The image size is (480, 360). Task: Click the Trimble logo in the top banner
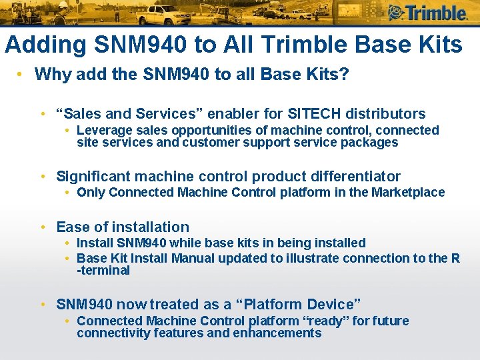click(427, 13)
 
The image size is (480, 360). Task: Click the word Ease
click(73, 227)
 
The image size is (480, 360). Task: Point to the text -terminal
click(103, 271)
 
